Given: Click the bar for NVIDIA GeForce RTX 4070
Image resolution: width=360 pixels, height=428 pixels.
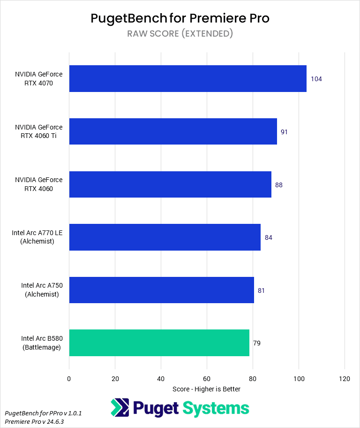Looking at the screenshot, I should click(x=187, y=78).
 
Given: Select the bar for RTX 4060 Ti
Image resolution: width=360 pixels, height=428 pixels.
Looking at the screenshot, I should click(x=173, y=131).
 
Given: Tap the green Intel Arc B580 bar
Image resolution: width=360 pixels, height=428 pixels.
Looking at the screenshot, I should click(x=159, y=343).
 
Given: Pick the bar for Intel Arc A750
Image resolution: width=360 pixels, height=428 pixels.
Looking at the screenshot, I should click(x=161, y=290).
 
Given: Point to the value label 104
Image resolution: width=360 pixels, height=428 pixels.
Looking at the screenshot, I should click(x=316, y=79).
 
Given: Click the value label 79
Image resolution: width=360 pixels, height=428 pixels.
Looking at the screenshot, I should click(x=257, y=343).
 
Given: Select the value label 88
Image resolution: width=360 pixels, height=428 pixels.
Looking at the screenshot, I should click(x=279, y=185).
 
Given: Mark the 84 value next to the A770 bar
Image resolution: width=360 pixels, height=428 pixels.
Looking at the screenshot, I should click(x=269, y=237).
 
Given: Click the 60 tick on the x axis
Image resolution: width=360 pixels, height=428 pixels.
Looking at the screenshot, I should click(x=207, y=379).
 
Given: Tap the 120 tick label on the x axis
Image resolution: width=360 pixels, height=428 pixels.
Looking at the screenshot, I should click(x=345, y=379).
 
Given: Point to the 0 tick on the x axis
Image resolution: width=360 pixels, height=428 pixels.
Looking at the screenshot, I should click(x=69, y=379).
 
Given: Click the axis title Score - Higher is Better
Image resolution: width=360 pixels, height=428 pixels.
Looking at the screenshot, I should click(x=206, y=389).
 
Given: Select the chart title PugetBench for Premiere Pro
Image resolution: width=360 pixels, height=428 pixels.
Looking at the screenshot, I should click(x=180, y=18).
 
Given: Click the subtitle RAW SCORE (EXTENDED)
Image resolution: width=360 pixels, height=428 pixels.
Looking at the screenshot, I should click(x=180, y=33).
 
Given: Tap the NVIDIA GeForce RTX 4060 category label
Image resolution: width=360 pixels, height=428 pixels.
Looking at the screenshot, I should click(x=38, y=184).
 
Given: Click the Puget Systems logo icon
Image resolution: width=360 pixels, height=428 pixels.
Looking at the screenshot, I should click(x=120, y=408).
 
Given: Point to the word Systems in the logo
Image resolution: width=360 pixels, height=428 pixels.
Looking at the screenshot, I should click(x=216, y=408).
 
